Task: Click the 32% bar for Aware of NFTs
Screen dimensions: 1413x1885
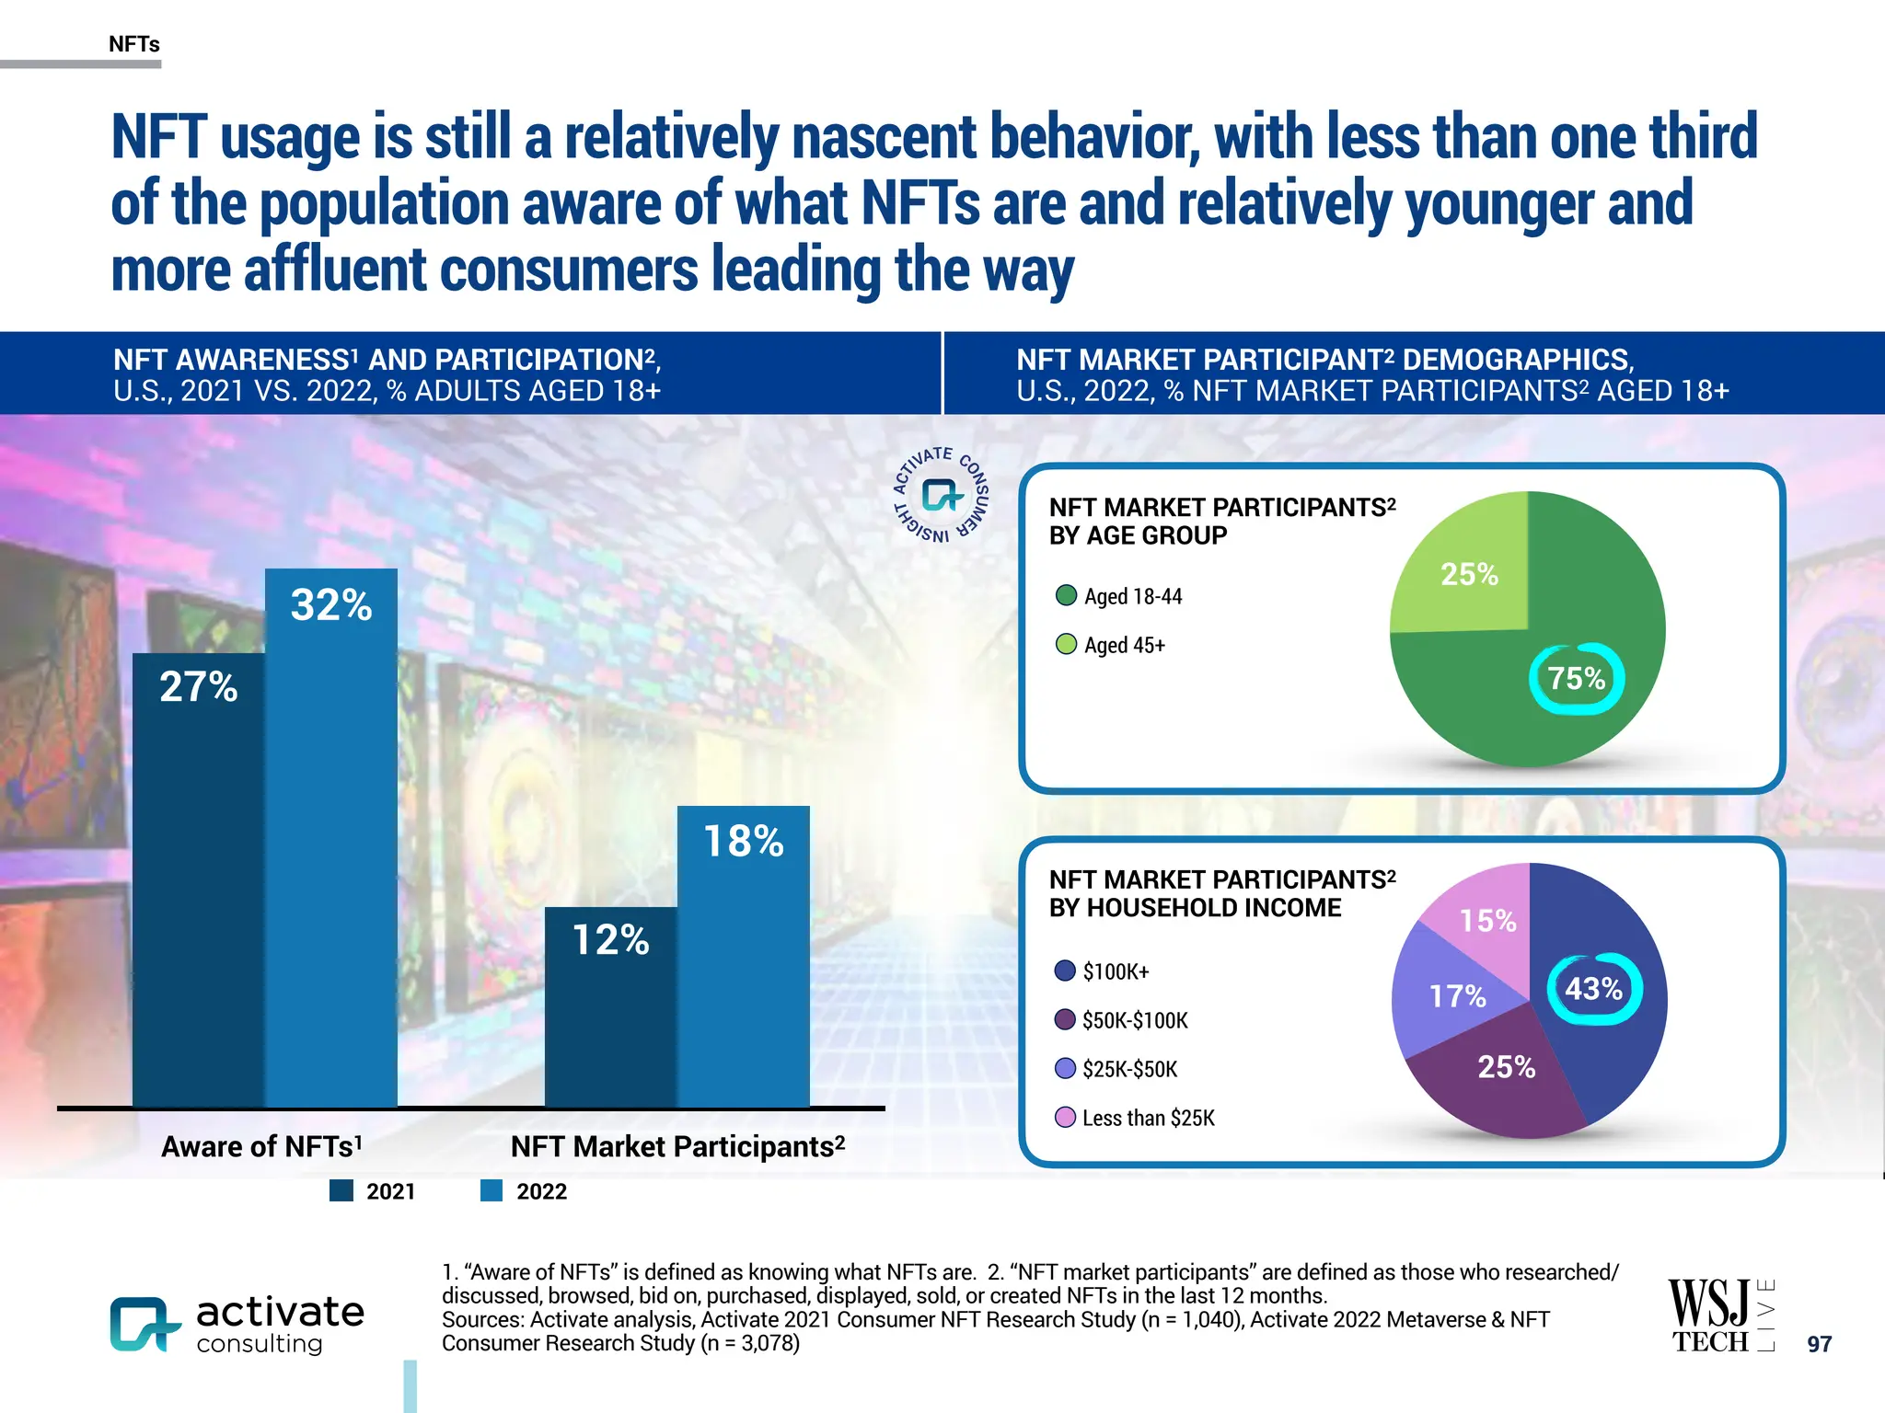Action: point(331,837)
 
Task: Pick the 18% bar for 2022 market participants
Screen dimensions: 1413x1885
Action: point(744,957)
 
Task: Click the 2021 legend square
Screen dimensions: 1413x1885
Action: point(341,1191)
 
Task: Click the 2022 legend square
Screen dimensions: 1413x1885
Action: point(491,1191)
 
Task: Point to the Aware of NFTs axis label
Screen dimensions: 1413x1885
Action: point(261,1146)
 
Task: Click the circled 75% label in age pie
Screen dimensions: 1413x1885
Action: point(1577,679)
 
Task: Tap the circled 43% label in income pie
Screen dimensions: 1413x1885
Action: point(1594,989)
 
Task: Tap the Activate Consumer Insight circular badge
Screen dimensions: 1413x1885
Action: point(942,495)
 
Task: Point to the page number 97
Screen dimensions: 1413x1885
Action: point(1819,1344)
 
